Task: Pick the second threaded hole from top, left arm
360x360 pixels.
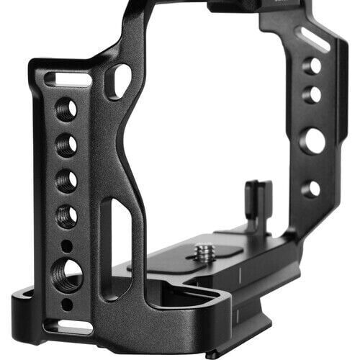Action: (x=67, y=145)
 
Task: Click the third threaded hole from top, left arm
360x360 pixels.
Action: (x=67, y=180)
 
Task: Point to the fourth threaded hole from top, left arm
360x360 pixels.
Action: (x=67, y=215)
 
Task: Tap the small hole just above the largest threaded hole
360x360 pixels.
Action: (x=66, y=246)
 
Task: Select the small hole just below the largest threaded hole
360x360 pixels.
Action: (x=66, y=303)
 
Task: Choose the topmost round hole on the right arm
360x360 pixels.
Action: (x=312, y=66)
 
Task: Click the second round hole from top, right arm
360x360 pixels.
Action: (x=312, y=94)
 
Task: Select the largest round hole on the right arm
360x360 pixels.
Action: (x=312, y=140)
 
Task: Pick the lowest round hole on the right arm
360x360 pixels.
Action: (x=311, y=189)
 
